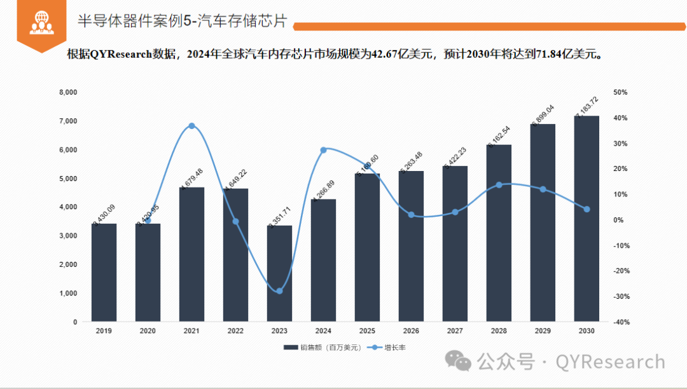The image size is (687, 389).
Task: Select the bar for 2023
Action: [x=279, y=273]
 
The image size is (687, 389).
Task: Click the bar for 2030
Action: [x=586, y=219]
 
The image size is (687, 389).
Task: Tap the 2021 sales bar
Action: [x=191, y=254]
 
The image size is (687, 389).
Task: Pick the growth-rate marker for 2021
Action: [x=191, y=126]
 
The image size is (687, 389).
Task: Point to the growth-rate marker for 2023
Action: [x=279, y=290]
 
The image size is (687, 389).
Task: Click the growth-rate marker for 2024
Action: [x=323, y=150]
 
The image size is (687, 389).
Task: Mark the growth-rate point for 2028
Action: [x=499, y=185]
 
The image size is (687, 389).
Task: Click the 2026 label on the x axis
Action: [x=411, y=331]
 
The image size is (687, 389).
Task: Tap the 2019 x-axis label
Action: [x=104, y=331]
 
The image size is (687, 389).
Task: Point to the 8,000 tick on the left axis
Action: [x=68, y=92]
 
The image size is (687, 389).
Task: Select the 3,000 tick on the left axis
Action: [x=68, y=236]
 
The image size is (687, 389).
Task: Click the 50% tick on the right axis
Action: [x=620, y=92]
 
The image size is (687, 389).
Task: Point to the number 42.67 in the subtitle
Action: [x=385, y=54]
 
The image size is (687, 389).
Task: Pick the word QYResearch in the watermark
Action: [x=610, y=362]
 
